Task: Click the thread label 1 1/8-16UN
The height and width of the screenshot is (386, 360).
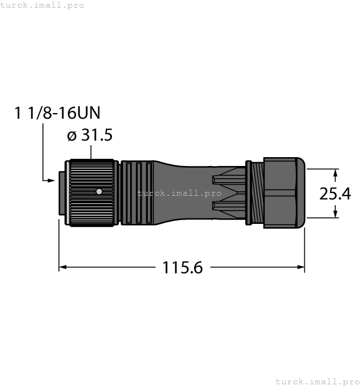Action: pyautogui.click(x=57, y=114)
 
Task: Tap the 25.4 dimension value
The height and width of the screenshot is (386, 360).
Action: pyautogui.click(x=335, y=194)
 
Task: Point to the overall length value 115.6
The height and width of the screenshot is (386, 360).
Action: pyautogui.click(x=182, y=268)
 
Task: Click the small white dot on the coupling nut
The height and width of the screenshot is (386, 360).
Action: pyautogui.click(x=99, y=192)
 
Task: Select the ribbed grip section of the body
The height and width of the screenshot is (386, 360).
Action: pyautogui.click(x=137, y=193)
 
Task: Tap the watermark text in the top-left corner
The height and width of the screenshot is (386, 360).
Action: pyautogui.click(x=42, y=5)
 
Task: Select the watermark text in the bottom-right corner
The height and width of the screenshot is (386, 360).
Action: pyautogui.click(x=316, y=381)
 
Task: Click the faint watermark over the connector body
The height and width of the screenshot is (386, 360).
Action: pyautogui.click(x=180, y=194)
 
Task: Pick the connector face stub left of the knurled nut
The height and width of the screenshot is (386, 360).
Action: pyautogui.click(x=62, y=193)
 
